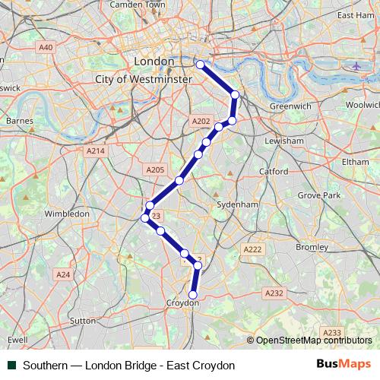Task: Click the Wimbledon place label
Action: click(x=67, y=214)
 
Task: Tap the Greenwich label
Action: click(x=290, y=106)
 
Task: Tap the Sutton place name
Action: click(x=83, y=321)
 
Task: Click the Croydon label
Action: click(x=182, y=303)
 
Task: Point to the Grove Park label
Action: click(x=319, y=195)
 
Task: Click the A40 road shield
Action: click(x=46, y=47)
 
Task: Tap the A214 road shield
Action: click(x=95, y=151)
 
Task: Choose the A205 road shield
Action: click(x=154, y=170)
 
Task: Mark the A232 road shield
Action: click(x=274, y=293)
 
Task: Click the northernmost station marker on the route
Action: click(x=201, y=65)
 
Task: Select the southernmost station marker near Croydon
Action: click(x=192, y=295)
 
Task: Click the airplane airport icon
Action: click(x=356, y=65)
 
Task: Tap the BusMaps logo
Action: click(x=344, y=365)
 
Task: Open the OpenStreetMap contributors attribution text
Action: click(x=313, y=340)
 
